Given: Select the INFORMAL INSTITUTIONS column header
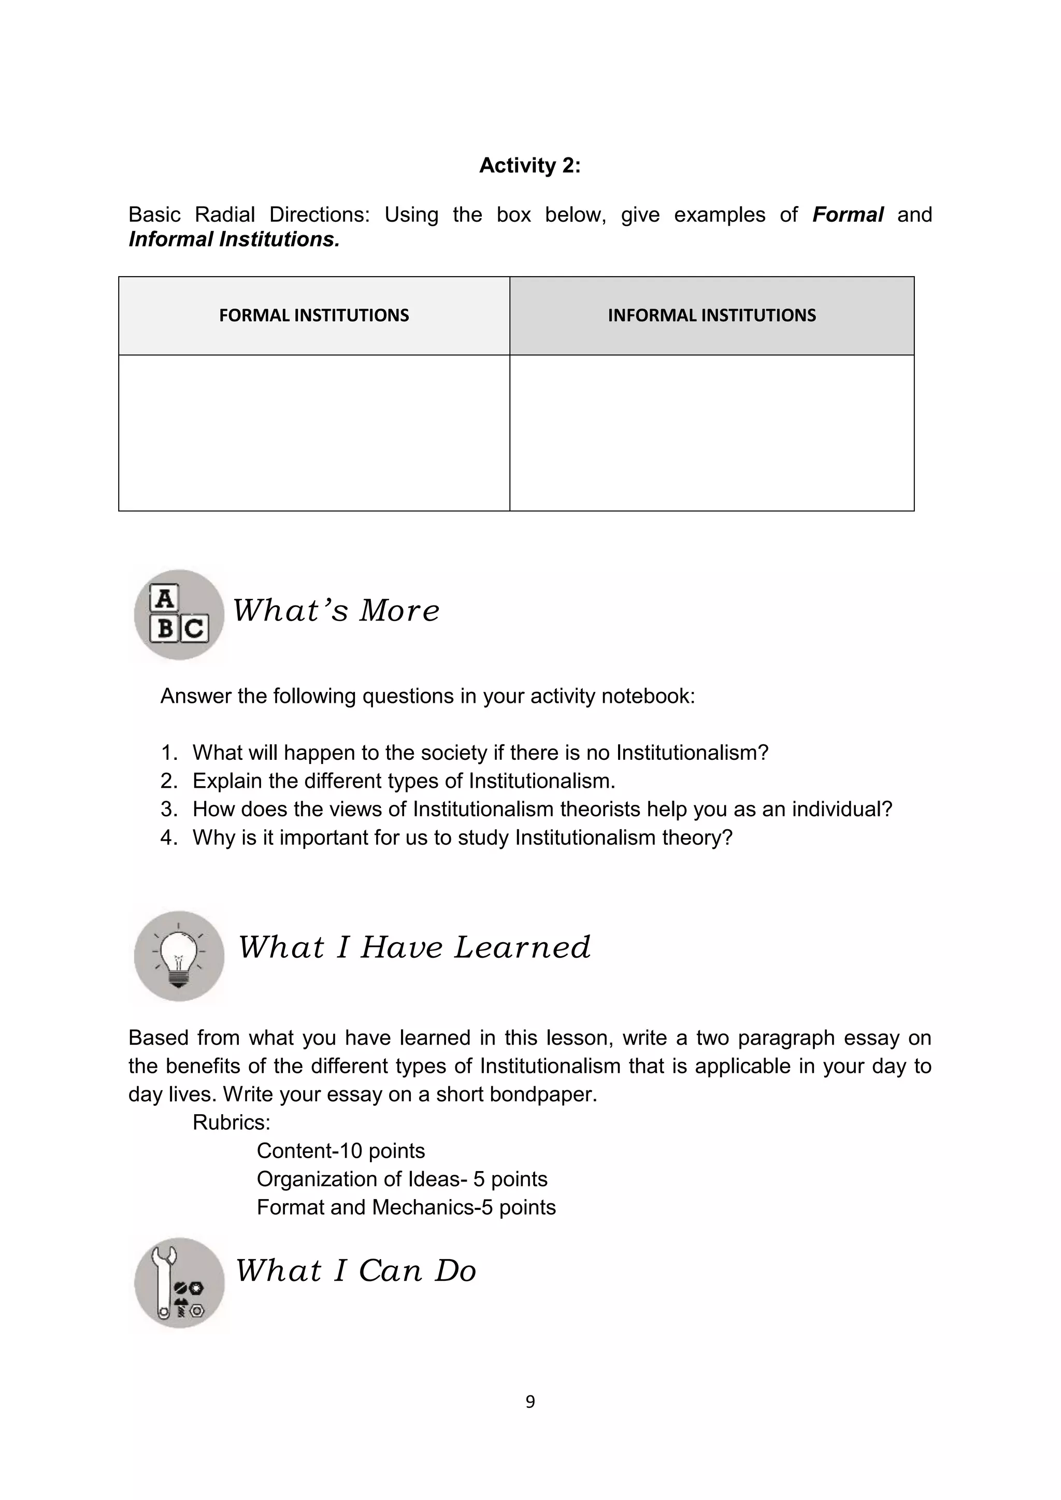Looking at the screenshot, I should (x=711, y=315).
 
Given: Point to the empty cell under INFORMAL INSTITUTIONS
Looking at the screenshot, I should (x=711, y=432).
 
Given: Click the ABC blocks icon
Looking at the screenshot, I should (x=179, y=615).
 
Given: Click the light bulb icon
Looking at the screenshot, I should (x=179, y=956).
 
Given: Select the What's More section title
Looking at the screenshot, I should (x=336, y=611).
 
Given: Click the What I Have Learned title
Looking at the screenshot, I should (x=414, y=947).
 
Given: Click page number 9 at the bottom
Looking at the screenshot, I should (x=530, y=1402).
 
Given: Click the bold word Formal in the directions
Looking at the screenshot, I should (x=848, y=215).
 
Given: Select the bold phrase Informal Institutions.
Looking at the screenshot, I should (x=234, y=240).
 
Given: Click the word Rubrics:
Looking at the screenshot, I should (x=231, y=1122).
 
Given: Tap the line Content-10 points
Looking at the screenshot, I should (x=340, y=1150).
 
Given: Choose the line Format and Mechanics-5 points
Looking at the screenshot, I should (x=406, y=1207).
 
